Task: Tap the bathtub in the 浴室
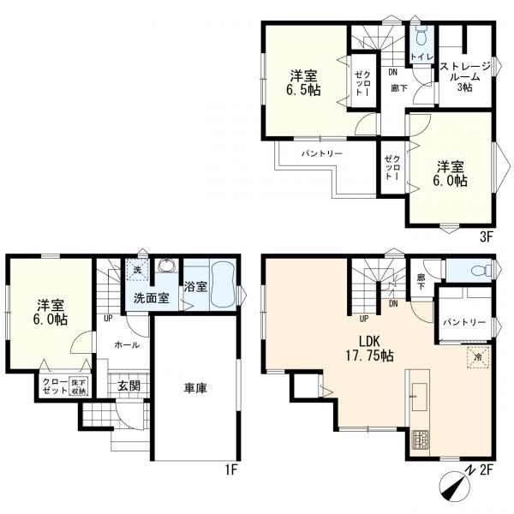pyautogui.click(x=223, y=284)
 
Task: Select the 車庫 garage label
pyautogui.click(x=195, y=389)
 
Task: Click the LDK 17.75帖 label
pyautogui.click(x=370, y=348)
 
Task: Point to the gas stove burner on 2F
pyautogui.click(x=421, y=439)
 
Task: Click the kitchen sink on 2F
pyautogui.click(x=420, y=397)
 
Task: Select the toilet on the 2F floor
pyautogui.click(x=481, y=271)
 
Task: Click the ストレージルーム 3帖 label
pyautogui.click(x=465, y=77)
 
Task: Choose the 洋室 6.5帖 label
pyautogui.click(x=304, y=83)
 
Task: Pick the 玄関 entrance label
pyautogui.click(x=128, y=386)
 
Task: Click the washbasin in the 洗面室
pyautogui.click(x=168, y=266)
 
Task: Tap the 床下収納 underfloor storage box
pyautogui.click(x=79, y=387)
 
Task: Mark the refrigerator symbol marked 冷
pyautogui.click(x=478, y=357)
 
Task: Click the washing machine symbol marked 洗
pyautogui.click(x=138, y=270)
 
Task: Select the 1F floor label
pyautogui.click(x=231, y=470)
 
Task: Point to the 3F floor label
pyautogui.click(x=487, y=236)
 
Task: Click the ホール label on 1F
pyautogui.click(x=127, y=345)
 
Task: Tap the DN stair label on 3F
pyautogui.click(x=392, y=73)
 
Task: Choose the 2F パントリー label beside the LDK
pyautogui.click(x=464, y=323)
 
